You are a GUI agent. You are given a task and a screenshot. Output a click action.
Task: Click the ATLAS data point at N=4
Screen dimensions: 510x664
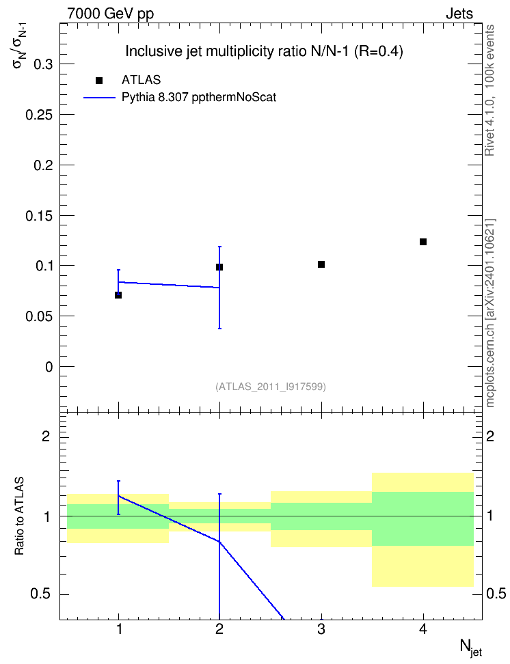click(x=422, y=242)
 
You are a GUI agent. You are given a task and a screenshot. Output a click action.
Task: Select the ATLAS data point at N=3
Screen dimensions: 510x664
click(x=321, y=264)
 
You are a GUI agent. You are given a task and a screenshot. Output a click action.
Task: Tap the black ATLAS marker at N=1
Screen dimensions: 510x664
click(x=118, y=294)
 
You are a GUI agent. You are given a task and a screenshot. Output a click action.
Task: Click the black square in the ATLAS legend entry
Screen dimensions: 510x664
click(x=99, y=81)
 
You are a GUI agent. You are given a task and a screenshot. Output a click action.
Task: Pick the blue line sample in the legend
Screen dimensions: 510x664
click(x=99, y=98)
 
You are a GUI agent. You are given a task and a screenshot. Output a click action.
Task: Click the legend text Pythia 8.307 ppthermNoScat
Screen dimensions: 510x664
click(x=199, y=98)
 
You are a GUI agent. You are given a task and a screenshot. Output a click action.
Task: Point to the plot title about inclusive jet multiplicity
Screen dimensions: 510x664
click(x=264, y=51)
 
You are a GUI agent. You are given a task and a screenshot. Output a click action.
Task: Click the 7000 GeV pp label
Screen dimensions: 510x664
click(x=110, y=14)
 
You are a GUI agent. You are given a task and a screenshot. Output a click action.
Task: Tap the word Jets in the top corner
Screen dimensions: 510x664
click(x=459, y=14)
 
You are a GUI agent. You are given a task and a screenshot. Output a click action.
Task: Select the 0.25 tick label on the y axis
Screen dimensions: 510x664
click(x=39, y=115)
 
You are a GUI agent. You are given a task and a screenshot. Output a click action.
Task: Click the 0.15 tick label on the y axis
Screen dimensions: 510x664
click(x=39, y=216)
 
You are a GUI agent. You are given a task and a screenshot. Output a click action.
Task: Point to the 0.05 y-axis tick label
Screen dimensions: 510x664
click(x=39, y=316)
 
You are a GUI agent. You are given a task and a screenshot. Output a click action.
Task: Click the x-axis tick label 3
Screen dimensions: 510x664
click(x=321, y=629)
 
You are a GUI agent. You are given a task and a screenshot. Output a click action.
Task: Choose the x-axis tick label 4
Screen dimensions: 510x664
click(x=422, y=629)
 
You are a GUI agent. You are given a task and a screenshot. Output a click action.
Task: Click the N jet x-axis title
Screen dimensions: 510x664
click(x=470, y=648)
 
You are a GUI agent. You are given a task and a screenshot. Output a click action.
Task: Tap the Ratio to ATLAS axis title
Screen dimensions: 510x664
click(x=19, y=516)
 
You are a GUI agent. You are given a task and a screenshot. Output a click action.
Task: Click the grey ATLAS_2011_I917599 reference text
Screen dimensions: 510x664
click(x=271, y=387)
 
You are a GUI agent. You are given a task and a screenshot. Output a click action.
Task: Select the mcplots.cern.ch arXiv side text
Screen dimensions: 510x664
click(x=490, y=313)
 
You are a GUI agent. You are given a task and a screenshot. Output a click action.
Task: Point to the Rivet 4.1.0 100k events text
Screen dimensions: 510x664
click(x=489, y=90)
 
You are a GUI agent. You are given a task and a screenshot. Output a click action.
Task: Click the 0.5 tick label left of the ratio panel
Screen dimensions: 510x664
click(x=42, y=594)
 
